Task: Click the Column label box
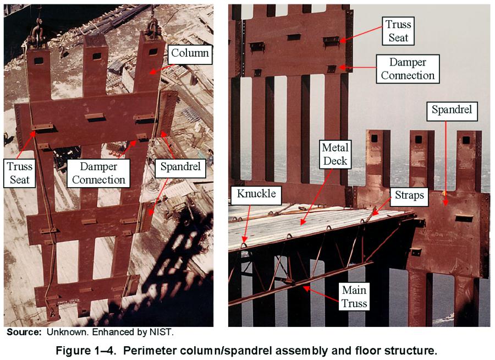point(189,53)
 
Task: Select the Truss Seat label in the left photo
point(20,173)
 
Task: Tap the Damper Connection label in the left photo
point(98,173)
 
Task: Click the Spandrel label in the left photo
point(180,167)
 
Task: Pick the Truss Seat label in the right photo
point(398,31)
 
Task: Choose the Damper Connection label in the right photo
point(408,69)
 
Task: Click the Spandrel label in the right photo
point(452,110)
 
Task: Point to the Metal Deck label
point(335,154)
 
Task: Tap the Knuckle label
point(256,194)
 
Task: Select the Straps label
point(409,195)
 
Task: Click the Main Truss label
point(354,297)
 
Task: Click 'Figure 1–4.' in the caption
point(86,351)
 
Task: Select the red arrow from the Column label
point(162,69)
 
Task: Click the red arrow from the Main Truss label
point(321,294)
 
